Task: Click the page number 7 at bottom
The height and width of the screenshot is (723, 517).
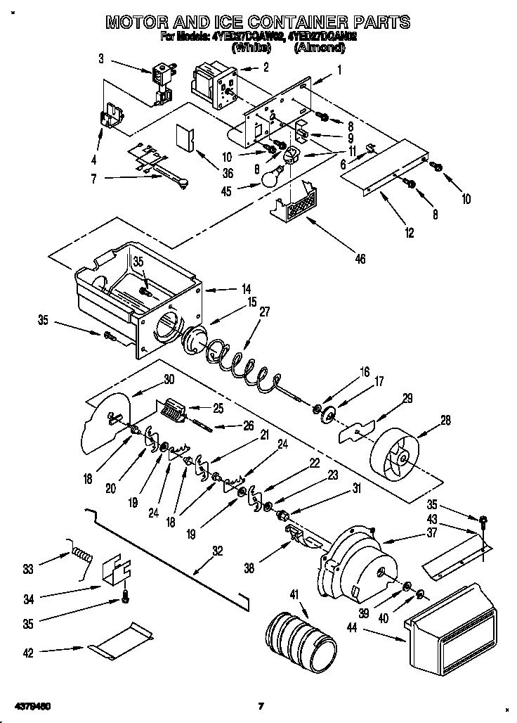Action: click(260, 705)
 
